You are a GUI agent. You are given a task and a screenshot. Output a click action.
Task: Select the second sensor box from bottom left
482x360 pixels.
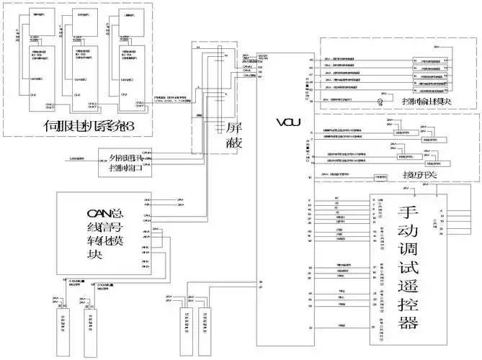[x=92, y=328]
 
